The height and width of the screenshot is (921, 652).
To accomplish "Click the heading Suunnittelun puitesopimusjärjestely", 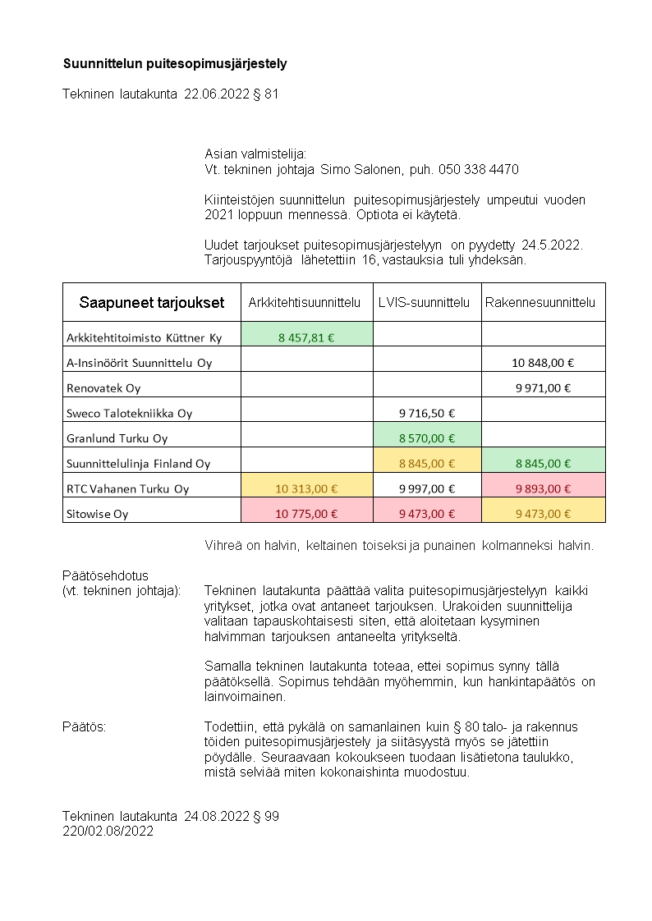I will [x=175, y=63].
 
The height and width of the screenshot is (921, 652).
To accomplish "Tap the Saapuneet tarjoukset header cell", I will [x=151, y=302].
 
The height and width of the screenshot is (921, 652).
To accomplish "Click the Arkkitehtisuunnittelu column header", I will [x=305, y=302].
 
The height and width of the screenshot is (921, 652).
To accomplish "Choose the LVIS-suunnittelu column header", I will [x=425, y=302].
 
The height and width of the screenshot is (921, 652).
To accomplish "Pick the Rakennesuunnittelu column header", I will [x=540, y=302].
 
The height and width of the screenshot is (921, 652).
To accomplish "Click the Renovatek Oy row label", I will [x=103, y=387].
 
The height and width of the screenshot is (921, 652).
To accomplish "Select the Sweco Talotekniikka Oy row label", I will [x=129, y=413].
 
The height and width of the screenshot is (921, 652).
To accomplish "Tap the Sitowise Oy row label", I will [x=98, y=514].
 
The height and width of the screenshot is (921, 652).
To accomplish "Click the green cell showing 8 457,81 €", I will [x=306, y=337].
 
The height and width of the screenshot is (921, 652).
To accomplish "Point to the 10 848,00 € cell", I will [x=543, y=362].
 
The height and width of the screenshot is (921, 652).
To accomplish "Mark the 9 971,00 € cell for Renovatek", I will [x=543, y=387].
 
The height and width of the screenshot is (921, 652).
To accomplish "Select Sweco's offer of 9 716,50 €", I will [x=427, y=413].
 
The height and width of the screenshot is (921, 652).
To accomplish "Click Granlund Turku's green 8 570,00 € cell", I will [x=427, y=438].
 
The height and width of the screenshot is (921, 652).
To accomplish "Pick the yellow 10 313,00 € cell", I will [x=306, y=488].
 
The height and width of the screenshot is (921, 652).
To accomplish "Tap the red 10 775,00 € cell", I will [x=306, y=514].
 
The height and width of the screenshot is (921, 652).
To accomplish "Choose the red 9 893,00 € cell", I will [x=543, y=488].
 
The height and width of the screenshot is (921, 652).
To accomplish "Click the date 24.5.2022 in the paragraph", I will [x=555, y=245].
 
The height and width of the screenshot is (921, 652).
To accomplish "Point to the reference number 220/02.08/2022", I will [x=108, y=831].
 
